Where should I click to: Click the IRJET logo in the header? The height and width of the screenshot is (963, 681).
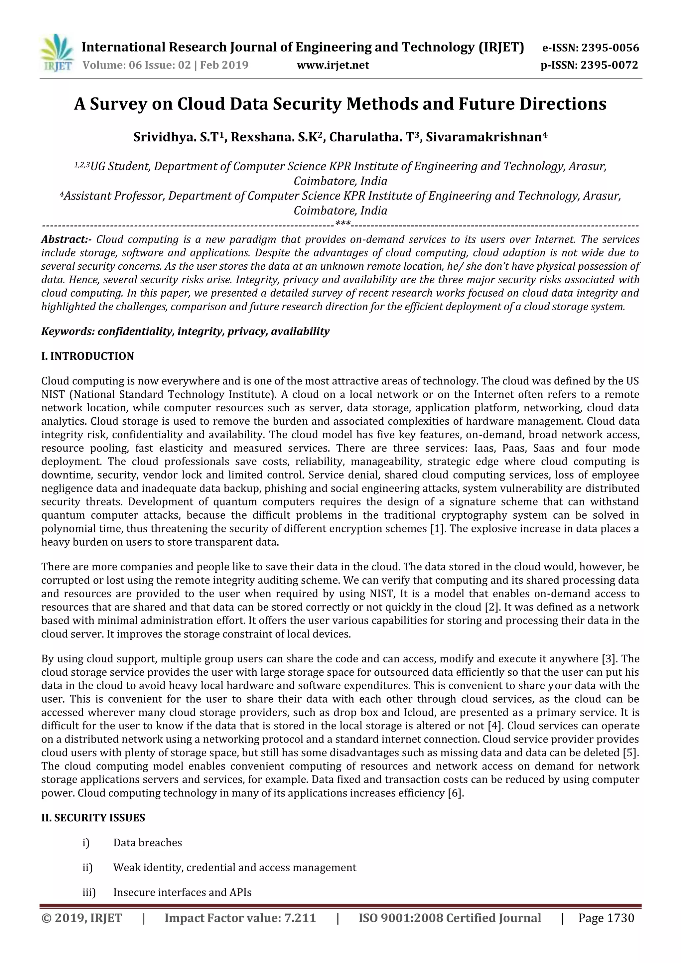57,53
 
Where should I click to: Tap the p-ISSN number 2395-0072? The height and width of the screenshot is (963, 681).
609,65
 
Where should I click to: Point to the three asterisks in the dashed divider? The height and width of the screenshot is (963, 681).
343,224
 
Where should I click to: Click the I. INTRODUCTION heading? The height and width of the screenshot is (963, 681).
88,356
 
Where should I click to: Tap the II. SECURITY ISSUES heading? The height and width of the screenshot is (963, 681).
93,818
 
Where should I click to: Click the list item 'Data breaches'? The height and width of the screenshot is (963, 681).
148,843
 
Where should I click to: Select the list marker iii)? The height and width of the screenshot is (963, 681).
89,893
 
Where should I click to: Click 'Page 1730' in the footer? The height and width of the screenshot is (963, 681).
606,918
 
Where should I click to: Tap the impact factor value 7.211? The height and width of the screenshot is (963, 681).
300,918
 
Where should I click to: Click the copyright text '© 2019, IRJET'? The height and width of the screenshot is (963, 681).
82,918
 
